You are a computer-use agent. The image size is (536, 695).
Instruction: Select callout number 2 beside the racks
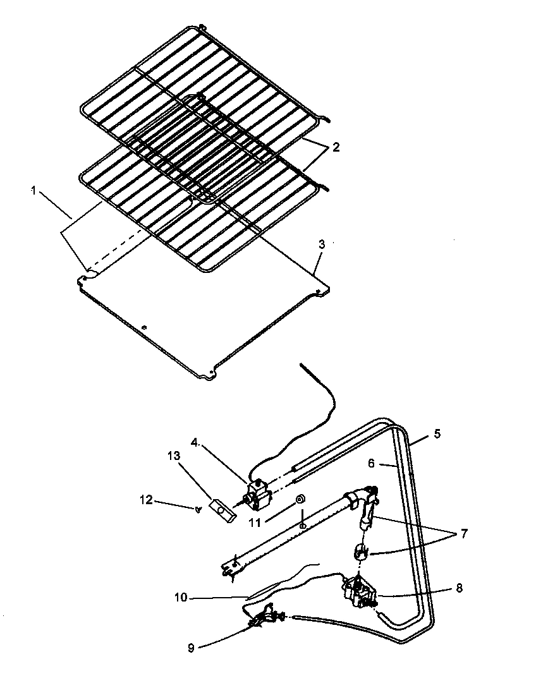point(336,147)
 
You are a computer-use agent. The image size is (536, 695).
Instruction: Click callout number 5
point(437,435)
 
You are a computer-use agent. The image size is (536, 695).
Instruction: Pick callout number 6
point(372,464)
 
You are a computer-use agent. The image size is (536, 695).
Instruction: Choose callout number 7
point(464,534)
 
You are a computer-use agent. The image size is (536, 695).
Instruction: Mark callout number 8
point(458,588)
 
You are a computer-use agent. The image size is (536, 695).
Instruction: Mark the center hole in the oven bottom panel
point(144,327)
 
